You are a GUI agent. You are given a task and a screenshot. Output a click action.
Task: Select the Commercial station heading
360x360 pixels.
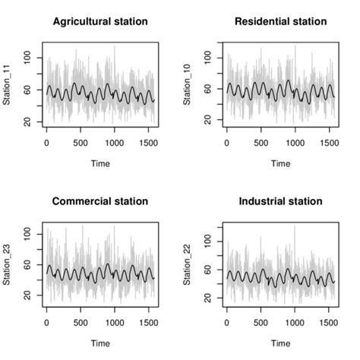click(x=99, y=201)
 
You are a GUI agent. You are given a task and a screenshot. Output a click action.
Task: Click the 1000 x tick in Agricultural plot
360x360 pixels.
click(x=115, y=142)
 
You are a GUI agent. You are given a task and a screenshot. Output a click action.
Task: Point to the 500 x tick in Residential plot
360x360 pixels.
click(x=261, y=142)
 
